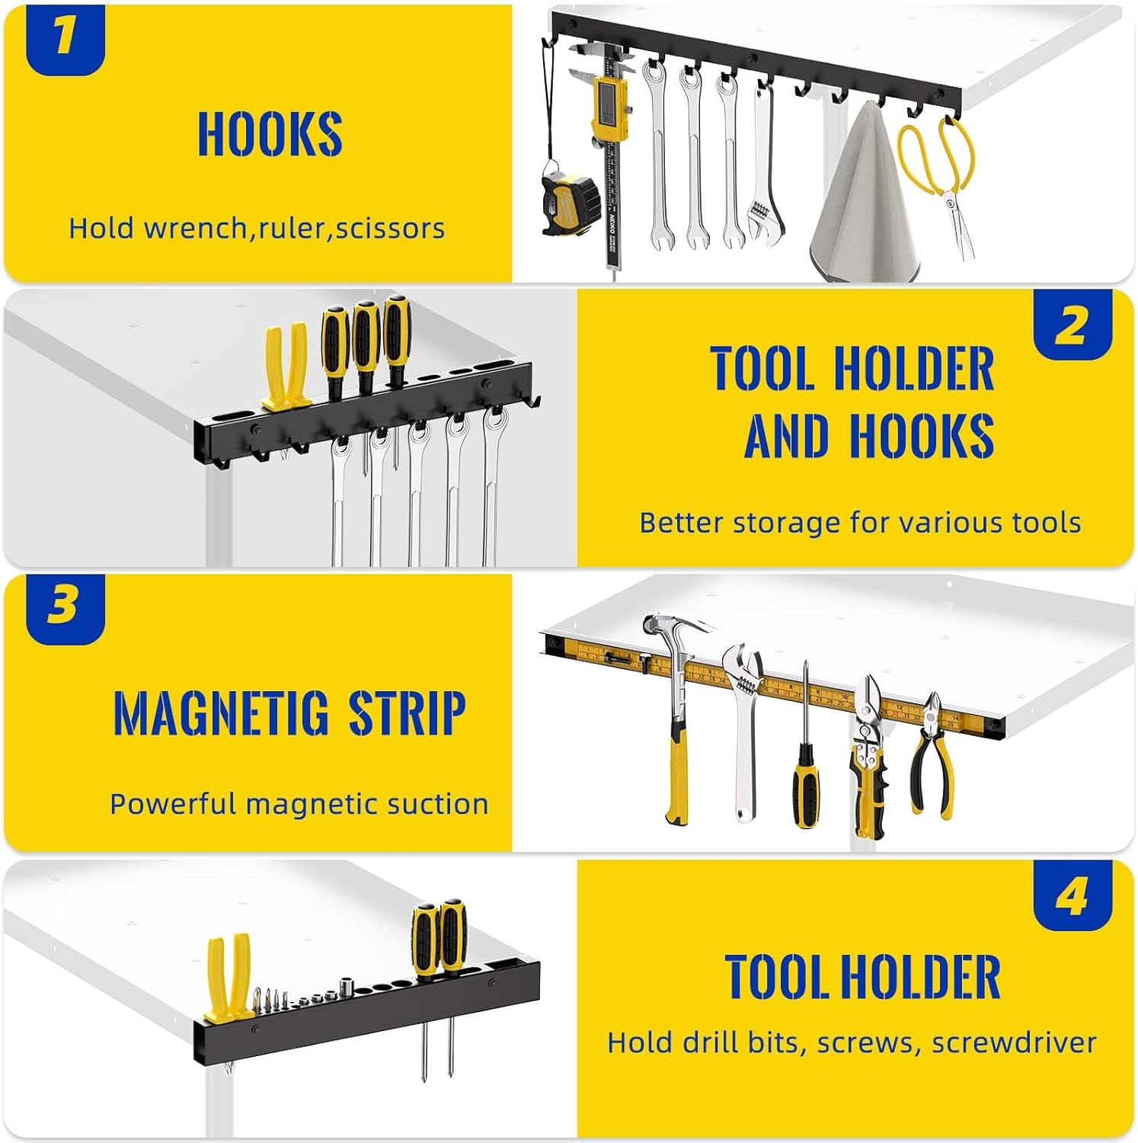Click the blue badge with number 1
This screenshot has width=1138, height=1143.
[65, 38]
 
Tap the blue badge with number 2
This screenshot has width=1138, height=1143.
[1072, 325]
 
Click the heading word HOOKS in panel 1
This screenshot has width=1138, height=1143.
[270, 134]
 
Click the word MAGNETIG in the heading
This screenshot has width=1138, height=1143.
[220, 713]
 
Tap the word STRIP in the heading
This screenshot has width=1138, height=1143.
[407, 713]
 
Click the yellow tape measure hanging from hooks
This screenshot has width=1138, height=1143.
[570, 201]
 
